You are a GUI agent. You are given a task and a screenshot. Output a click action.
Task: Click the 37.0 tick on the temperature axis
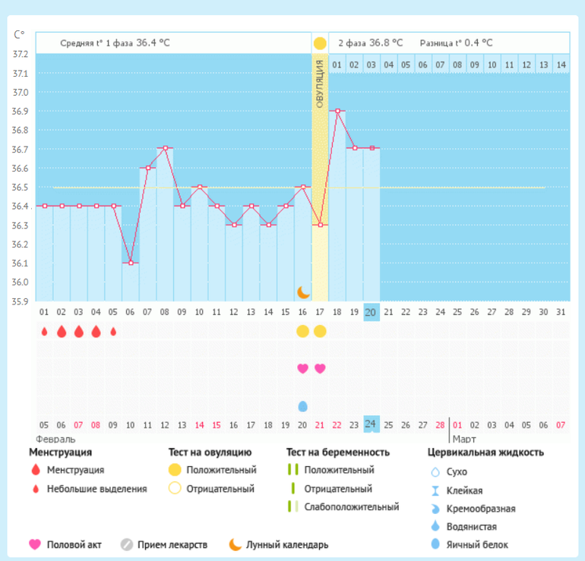(x=21, y=93)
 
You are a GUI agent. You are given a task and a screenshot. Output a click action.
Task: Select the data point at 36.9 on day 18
(x=337, y=111)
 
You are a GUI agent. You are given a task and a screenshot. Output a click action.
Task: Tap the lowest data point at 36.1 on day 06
(x=131, y=263)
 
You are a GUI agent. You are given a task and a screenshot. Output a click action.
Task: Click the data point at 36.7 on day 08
(x=165, y=148)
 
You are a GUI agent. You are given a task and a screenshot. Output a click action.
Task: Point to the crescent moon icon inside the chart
(x=303, y=292)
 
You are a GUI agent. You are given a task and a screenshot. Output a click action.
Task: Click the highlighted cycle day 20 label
(x=371, y=312)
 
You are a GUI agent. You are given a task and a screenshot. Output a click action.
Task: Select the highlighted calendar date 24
(x=371, y=424)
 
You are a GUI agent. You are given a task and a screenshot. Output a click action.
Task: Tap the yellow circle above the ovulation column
(x=320, y=43)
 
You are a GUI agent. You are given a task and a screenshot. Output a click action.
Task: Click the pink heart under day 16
(x=303, y=369)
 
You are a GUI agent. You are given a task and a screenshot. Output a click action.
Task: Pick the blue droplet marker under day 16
(x=303, y=406)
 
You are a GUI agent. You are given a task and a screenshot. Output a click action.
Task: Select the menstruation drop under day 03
(x=79, y=332)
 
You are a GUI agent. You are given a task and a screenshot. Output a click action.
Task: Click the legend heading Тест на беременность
(x=338, y=452)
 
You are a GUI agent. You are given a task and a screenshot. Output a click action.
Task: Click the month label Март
(x=463, y=439)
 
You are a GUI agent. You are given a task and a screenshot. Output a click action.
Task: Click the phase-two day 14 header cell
(x=561, y=65)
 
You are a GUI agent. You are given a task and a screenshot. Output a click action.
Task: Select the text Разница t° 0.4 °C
(x=456, y=43)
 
